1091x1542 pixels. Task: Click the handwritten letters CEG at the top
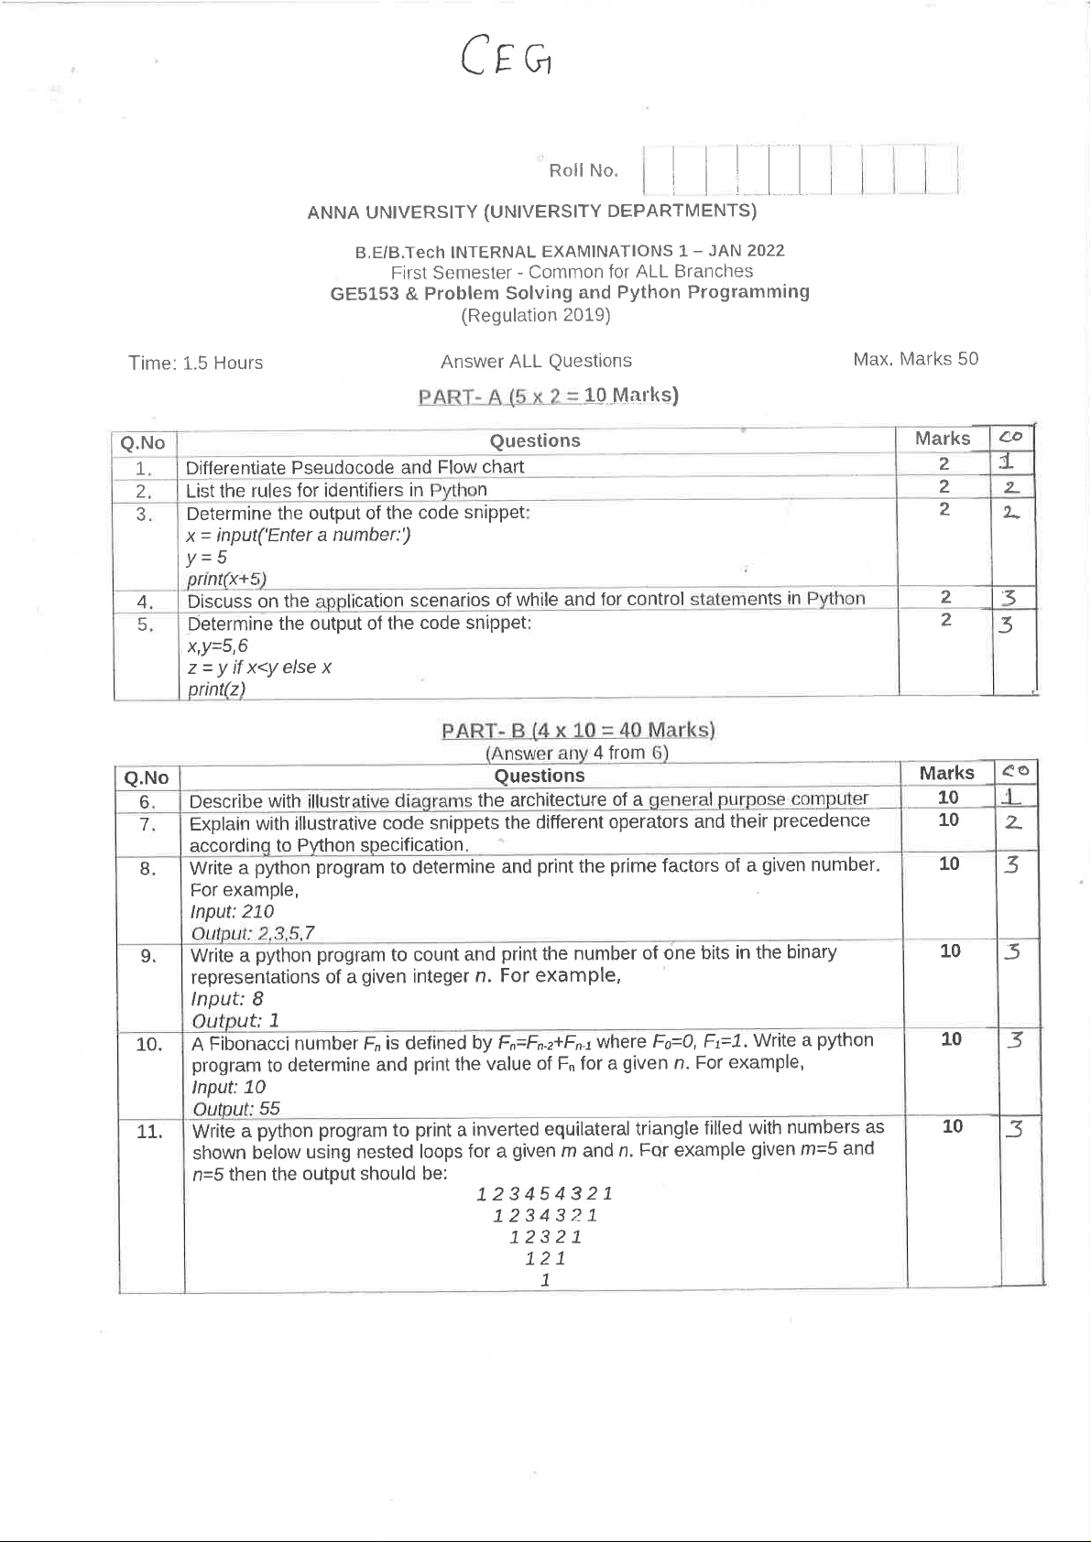507,57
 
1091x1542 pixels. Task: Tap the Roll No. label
583,170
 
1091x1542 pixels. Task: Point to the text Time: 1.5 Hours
195,363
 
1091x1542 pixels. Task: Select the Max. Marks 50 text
915,359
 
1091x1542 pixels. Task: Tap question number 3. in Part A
144,514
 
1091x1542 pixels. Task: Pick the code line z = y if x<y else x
259,668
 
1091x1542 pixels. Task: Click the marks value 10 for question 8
949,863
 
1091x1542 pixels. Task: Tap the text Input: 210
232,911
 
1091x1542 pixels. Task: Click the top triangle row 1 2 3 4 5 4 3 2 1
544,1193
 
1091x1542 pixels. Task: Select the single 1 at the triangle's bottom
545,1280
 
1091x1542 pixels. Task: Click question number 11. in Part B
149,1132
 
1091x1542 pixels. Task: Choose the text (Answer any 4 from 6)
576,753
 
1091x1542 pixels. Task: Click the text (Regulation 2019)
536,315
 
